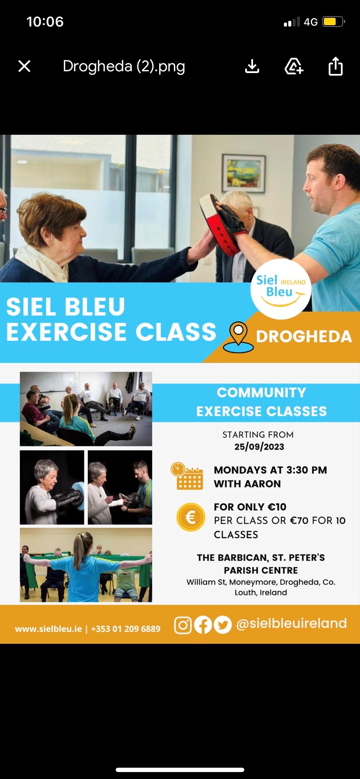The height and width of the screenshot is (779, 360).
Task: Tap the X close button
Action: coord(24,66)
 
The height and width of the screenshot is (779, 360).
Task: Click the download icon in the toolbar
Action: coord(252,66)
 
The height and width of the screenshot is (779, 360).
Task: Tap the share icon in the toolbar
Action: coord(336,66)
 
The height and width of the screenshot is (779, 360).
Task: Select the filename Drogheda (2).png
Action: coord(124,67)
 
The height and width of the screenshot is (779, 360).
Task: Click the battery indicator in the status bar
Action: coord(334,22)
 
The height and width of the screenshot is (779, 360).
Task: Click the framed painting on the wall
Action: coord(243,173)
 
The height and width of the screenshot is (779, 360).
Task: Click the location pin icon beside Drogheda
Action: coord(238,337)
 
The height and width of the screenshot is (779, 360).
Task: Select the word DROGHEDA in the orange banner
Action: coord(304,336)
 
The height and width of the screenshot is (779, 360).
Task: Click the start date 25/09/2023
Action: coord(259,447)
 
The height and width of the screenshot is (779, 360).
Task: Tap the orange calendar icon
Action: coord(187,476)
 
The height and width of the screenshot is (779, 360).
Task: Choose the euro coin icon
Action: coord(190,517)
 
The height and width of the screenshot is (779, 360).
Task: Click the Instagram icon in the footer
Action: coord(183,625)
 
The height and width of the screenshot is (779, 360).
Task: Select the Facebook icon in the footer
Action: coord(203,625)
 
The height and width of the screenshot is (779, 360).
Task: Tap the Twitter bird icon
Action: coord(223,625)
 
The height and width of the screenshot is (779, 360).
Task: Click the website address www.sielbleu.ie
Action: coord(48,629)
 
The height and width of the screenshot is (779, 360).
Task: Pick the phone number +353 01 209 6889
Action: coord(126,629)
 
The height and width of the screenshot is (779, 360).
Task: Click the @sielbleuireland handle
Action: coord(291,623)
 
